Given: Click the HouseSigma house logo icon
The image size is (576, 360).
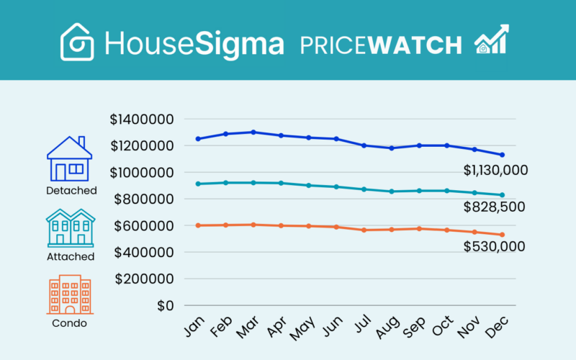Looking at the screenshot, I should coord(78,41).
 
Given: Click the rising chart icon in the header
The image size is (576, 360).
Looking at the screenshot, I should coord(491,40).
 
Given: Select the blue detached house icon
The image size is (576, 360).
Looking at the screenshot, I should coord(70,159).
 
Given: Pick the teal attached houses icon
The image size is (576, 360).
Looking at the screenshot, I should coord(70,228).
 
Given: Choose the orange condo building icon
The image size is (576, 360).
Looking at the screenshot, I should coord(70,294).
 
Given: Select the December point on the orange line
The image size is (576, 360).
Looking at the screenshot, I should coord(503,235).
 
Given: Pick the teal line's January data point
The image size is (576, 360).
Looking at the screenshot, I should coord(198,184).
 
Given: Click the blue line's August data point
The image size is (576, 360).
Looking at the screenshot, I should coord(392,148).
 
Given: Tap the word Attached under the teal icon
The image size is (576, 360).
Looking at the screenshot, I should coord(70,256).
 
